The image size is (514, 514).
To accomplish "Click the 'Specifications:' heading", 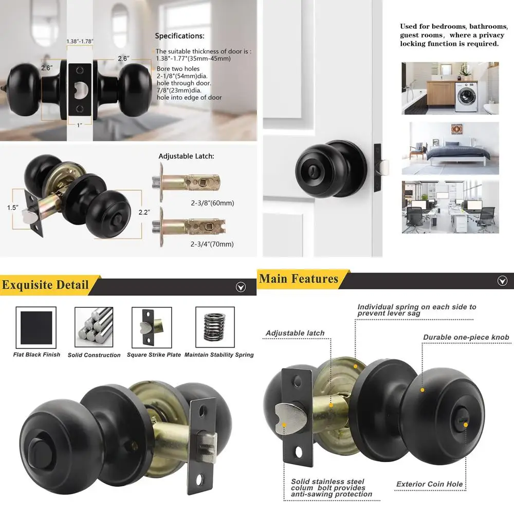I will coord(179,36).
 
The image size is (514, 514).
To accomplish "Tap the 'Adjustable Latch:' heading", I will coord(186,156).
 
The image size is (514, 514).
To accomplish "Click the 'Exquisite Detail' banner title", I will coord(45,285).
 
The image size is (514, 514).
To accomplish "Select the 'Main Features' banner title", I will coord(299,279).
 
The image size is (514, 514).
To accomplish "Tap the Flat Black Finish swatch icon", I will coord(36,327).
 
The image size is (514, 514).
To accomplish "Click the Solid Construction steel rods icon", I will coord(94,327).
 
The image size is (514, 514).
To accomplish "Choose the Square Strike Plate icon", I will coord(152,327).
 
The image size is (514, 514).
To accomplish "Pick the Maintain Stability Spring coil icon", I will coord(215,327).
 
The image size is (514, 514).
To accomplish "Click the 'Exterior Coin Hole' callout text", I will coord(429,484).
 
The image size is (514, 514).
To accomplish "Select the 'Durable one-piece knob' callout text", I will coord(466,338).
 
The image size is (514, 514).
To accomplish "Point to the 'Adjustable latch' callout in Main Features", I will coord(295,333).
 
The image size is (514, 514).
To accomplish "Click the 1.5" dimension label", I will coord(13,208).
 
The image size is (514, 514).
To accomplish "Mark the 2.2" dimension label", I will coord(144,212).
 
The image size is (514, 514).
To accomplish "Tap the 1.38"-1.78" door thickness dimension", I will coord(80,41).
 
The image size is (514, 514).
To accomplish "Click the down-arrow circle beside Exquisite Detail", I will coord(241,287).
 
